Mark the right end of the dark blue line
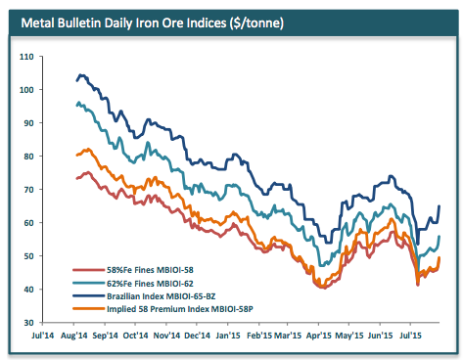click(440, 205)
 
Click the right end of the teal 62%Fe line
click(440, 236)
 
